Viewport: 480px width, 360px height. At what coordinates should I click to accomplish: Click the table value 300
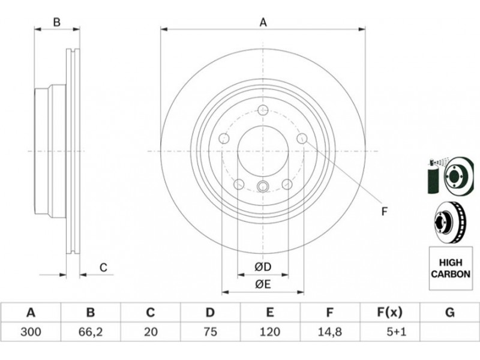click(31, 332)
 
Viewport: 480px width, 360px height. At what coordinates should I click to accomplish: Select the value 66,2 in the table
click(91, 332)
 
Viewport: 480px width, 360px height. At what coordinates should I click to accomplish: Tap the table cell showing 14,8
click(329, 332)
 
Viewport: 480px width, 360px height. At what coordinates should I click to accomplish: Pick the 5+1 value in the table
click(397, 332)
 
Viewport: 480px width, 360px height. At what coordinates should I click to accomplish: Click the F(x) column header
click(389, 313)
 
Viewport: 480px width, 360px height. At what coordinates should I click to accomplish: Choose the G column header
click(449, 313)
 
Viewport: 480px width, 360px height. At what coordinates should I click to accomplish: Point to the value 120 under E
click(269, 332)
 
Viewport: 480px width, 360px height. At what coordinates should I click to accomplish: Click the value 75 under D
click(210, 332)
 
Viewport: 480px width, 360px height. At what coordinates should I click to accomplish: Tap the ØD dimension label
click(263, 267)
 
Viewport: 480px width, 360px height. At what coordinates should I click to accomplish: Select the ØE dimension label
click(263, 284)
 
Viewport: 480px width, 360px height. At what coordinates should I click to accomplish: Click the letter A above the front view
click(263, 22)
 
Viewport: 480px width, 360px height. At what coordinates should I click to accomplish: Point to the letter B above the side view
click(57, 22)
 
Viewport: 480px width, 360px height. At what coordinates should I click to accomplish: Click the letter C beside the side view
click(103, 267)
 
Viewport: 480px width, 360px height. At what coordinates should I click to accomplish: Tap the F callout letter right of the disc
click(385, 211)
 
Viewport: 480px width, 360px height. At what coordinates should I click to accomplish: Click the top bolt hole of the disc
click(263, 110)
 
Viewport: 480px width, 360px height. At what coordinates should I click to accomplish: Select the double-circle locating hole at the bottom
click(263, 186)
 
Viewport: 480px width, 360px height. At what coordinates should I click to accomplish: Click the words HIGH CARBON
click(451, 268)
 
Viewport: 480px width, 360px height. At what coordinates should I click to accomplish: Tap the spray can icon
click(433, 176)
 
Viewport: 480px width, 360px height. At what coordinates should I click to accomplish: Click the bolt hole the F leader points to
click(302, 139)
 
